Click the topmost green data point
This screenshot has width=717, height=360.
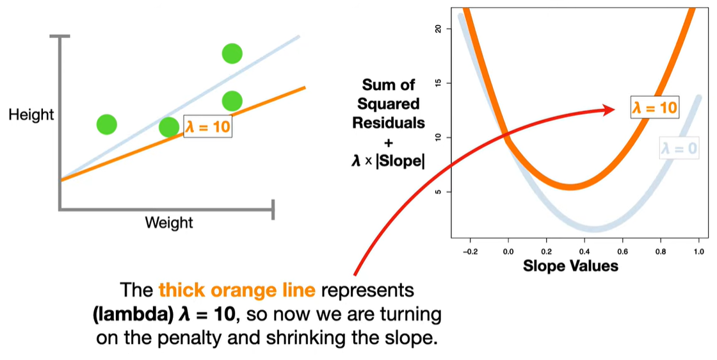[x=232, y=53]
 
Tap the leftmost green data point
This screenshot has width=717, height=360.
[x=107, y=124]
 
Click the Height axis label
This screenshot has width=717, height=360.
[x=31, y=115]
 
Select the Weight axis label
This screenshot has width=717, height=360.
[x=169, y=223]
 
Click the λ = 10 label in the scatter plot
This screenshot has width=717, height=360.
[x=207, y=127]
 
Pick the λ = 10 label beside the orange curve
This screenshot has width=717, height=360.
[x=654, y=108]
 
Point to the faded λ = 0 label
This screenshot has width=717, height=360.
[x=679, y=150]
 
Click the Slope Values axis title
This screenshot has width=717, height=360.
[x=571, y=266]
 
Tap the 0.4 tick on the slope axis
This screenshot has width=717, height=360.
[x=584, y=252]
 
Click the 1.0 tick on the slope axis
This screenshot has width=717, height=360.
[x=698, y=252]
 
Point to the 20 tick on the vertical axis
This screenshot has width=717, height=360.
[x=438, y=29]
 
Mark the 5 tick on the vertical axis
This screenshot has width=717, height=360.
[x=438, y=192]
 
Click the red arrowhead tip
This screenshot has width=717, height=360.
[x=622, y=110]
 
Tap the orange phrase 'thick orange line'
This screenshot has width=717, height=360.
[x=237, y=290]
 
